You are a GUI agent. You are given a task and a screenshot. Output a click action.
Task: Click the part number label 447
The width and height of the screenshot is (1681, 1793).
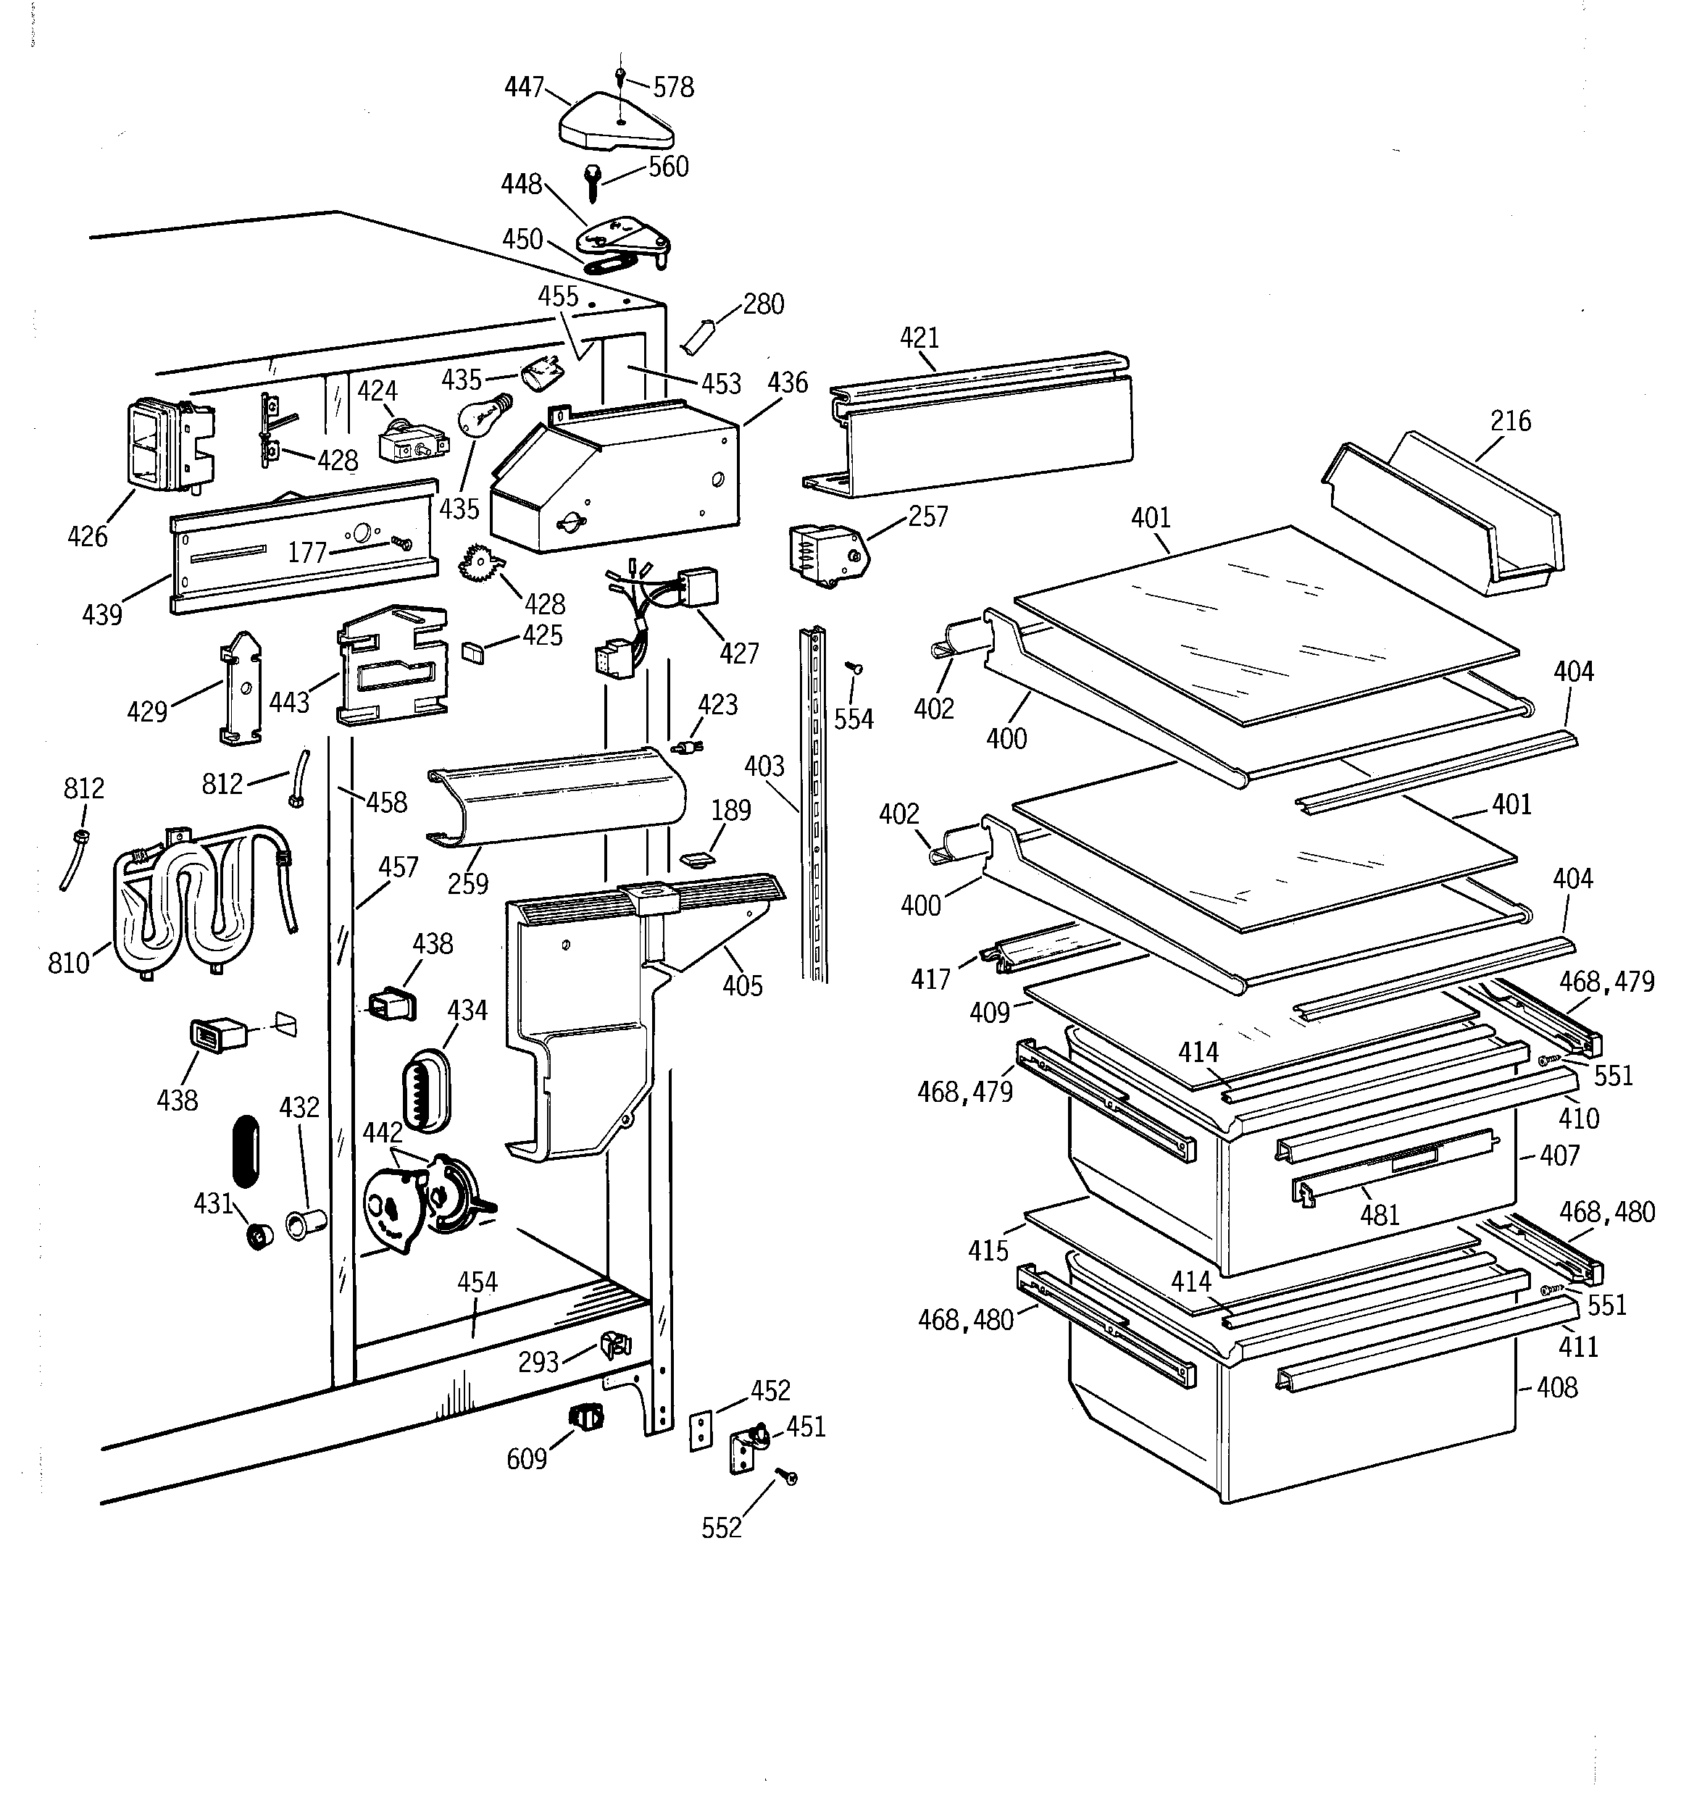[x=523, y=87]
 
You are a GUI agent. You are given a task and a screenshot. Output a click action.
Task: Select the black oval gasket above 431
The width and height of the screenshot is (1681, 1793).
[x=246, y=1151]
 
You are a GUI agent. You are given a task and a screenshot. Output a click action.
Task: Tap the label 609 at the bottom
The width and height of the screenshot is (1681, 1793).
[x=527, y=1458]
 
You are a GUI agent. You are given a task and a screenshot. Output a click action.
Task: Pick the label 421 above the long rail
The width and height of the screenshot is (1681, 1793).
[x=919, y=338]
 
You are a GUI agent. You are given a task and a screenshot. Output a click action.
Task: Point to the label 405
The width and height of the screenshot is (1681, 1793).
[x=742, y=986]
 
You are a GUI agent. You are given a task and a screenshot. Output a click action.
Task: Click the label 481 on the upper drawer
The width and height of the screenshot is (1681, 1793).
[x=1379, y=1215]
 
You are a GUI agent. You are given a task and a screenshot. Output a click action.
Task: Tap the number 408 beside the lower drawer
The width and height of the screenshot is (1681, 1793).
[x=1556, y=1387]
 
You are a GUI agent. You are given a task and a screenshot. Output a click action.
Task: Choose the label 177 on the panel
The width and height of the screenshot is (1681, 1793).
[x=306, y=553]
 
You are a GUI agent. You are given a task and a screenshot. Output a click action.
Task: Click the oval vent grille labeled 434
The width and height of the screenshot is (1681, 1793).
[x=426, y=1089]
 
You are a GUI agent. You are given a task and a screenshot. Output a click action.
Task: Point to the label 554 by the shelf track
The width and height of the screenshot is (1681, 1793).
[x=853, y=719]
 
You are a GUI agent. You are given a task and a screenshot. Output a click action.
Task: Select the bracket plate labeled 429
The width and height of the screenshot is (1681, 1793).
[x=241, y=687]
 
